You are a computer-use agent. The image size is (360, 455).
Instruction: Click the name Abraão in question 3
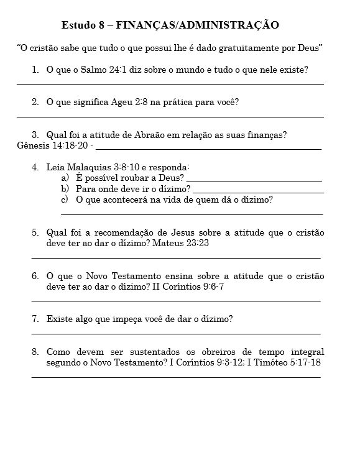tap(165, 134)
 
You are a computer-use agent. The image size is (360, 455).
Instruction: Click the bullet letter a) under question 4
tap(65, 178)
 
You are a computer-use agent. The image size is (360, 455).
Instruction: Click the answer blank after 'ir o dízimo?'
tap(258, 192)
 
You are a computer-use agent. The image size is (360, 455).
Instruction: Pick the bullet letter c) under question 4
tap(64, 200)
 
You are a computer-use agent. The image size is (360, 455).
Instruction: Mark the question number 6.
tap(35, 276)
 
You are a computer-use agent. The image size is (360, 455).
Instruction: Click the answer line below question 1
tap(170, 83)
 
